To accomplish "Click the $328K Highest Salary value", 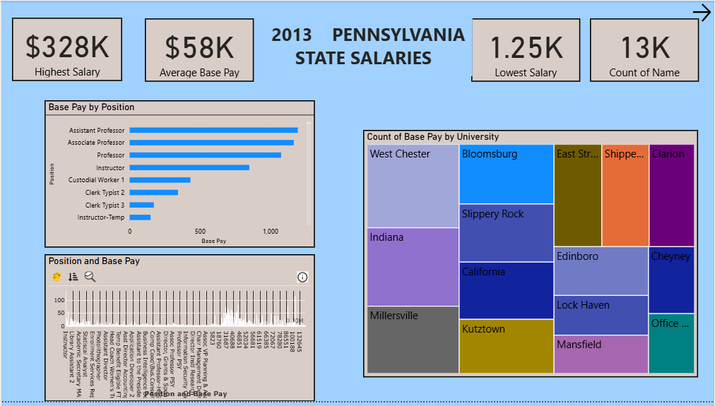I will [x=67, y=47].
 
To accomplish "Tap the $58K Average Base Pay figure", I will [x=199, y=47].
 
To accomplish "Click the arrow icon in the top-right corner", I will [x=702, y=13].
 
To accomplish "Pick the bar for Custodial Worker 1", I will [x=160, y=180].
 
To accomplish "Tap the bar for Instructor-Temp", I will [x=140, y=217].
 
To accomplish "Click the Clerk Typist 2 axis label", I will [x=105, y=193].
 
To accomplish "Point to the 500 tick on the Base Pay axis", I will [x=200, y=232].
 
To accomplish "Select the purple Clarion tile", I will [x=671, y=196].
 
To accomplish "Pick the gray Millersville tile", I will [x=413, y=339].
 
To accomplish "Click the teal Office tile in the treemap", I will [x=671, y=344].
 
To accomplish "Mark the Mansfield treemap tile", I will [x=601, y=354].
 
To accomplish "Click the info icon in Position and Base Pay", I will [x=302, y=277].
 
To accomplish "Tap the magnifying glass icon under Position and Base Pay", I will [x=90, y=277].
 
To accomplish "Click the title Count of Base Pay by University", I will [x=432, y=137].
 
